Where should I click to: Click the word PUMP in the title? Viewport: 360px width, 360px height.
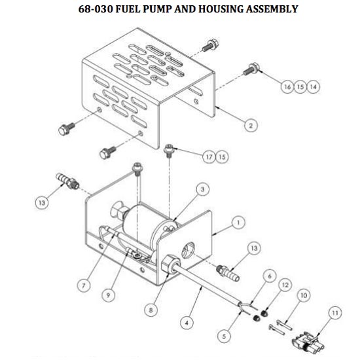(x=157, y=9)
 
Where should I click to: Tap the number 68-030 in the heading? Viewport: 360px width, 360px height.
(x=96, y=9)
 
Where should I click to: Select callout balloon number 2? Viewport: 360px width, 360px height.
(x=251, y=126)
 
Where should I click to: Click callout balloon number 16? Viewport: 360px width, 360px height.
(x=287, y=87)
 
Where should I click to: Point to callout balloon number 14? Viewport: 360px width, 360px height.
(x=314, y=87)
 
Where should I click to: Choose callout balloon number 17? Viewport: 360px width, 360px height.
(x=209, y=157)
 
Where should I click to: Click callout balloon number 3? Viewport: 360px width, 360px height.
(x=203, y=189)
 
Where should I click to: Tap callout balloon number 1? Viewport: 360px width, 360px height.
(x=238, y=223)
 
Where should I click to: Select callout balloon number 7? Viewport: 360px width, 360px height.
(x=84, y=285)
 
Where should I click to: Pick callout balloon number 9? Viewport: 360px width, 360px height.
(x=109, y=295)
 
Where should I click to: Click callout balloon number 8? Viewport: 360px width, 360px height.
(x=151, y=310)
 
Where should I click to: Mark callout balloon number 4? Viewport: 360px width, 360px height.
(x=187, y=323)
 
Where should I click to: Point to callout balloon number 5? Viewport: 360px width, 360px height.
(x=224, y=336)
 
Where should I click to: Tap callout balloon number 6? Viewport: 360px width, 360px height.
(x=270, y=276)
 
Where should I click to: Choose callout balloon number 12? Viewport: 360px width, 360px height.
(x=285, y=285)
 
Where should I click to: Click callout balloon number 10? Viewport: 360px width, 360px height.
(x=304, y=295)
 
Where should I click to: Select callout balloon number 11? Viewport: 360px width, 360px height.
(x=335, y=313)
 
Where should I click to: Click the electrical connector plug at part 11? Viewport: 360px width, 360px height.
(x=308, y=344)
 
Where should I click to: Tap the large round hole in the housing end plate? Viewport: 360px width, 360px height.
(x=189, y=250)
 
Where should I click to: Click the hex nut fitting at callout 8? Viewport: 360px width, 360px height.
(x=171, y=264)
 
